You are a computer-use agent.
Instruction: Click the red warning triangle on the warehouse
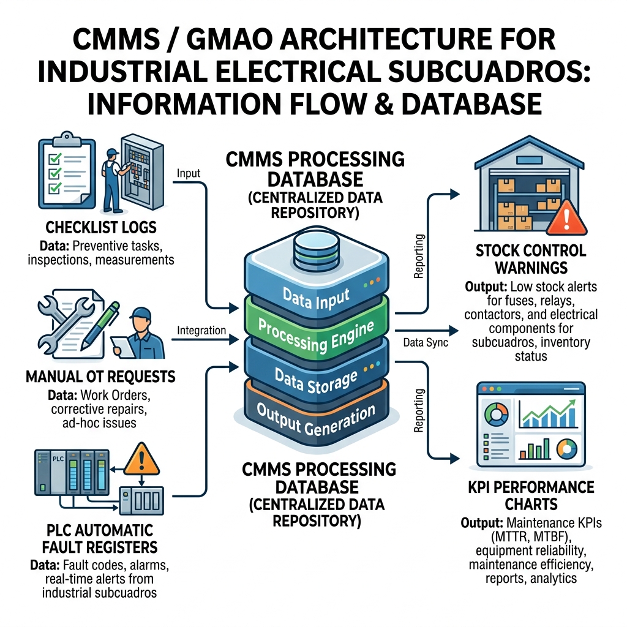(x=566, y=219)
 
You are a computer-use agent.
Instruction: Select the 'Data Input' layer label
(x=316, y=298)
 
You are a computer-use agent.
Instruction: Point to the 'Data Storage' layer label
(x=316, y=381)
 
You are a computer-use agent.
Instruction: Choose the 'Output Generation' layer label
(x=316, y=419)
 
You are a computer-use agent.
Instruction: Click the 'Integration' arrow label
(x=201, y=330)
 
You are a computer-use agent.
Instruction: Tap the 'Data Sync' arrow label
(x=426, y=343)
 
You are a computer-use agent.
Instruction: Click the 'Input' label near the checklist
(x=189, y=173)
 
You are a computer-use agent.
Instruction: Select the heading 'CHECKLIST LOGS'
(x=101, y=228)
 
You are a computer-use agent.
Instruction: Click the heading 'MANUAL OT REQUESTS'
(x=100, y=377)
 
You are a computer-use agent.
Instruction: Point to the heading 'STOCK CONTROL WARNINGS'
(x=531, y=259)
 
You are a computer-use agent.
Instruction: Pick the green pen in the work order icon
(x=100, y=326)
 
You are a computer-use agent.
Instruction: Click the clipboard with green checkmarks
(x=67, y=171)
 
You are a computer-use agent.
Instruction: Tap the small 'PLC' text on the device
(x=58, y=459)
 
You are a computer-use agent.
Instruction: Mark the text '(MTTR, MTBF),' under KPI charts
(x=531, y=536)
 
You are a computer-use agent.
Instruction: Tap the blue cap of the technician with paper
(x=141, y=313)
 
